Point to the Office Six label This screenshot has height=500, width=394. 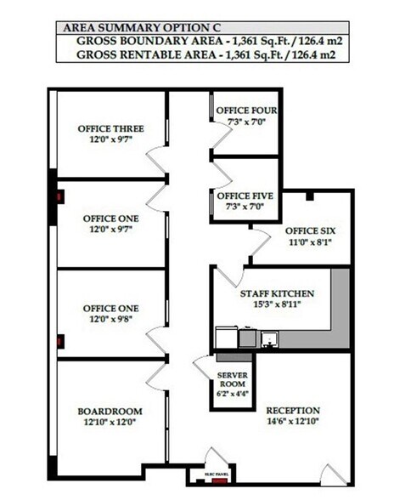[x=308, y=230]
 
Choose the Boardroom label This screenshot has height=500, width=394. [x=110, y=411]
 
